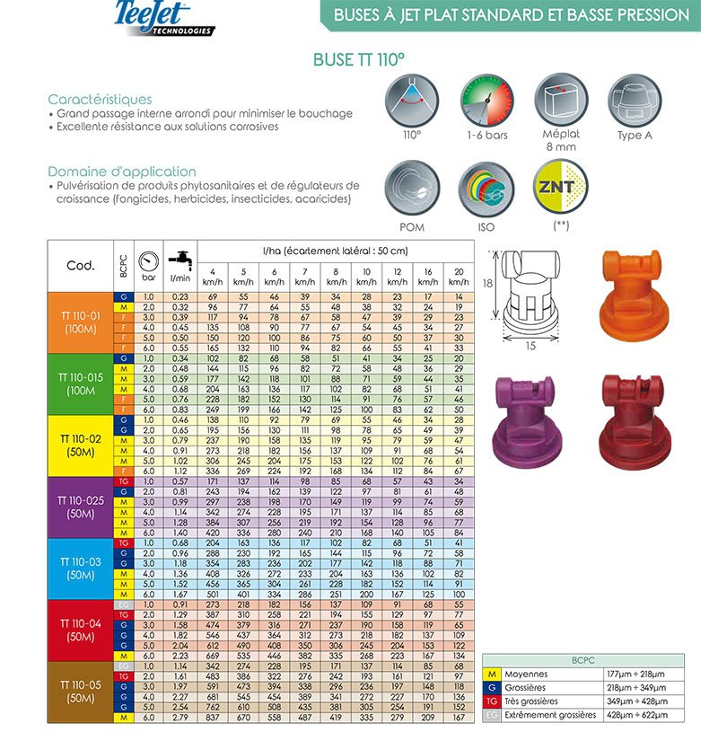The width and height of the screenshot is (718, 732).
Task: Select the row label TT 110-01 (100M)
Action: (80, 322)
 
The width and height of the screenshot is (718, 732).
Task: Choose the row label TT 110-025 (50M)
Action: (80, 507)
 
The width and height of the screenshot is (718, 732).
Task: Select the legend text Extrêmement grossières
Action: (550, 715)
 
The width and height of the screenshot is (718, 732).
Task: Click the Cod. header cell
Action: (80, 266)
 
